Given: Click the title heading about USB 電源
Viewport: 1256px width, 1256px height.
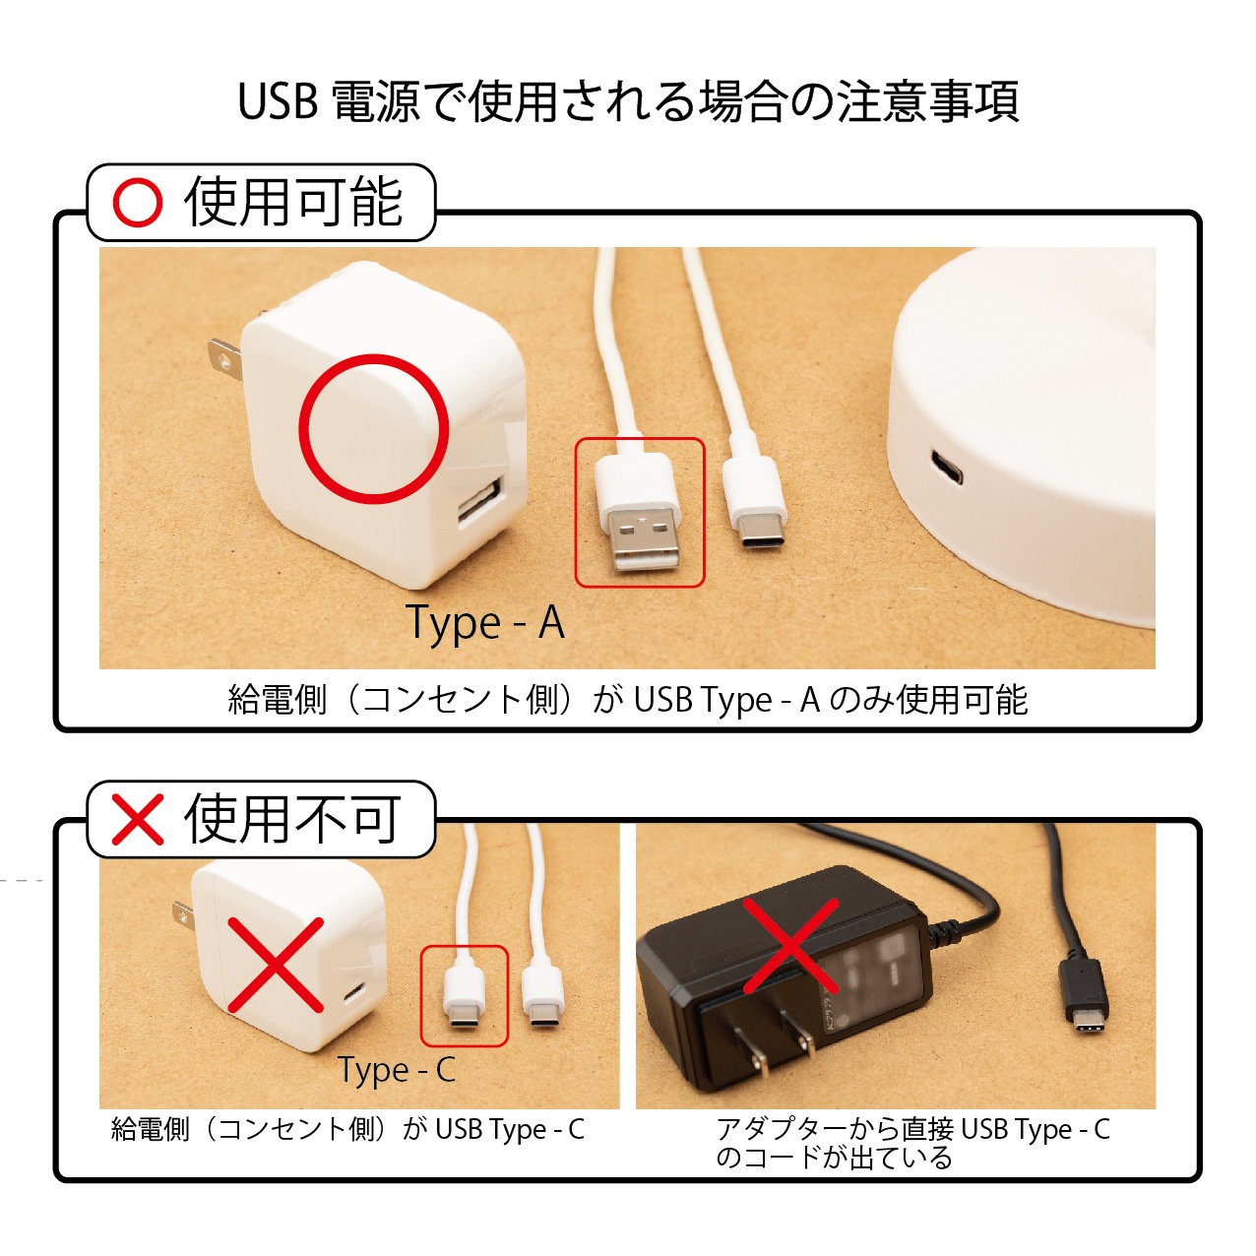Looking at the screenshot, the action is point(628,101).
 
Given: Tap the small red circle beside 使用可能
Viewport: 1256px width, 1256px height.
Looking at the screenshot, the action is point(138,202).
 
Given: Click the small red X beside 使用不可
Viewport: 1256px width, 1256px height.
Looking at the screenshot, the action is point(137,819).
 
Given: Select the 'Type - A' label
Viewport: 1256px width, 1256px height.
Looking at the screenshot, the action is point(485,624).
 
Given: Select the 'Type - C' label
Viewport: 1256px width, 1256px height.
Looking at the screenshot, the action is point(397,1070).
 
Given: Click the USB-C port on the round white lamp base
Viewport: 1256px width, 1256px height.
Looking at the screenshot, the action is point(946,467).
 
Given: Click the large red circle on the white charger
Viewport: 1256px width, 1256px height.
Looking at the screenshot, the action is point(373,429).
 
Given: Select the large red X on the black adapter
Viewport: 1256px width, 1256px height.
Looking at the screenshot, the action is point(790,945).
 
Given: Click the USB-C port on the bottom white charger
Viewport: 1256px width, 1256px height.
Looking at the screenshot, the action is point(354,994).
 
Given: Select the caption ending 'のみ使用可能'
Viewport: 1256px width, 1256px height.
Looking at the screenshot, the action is point(628,701).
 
